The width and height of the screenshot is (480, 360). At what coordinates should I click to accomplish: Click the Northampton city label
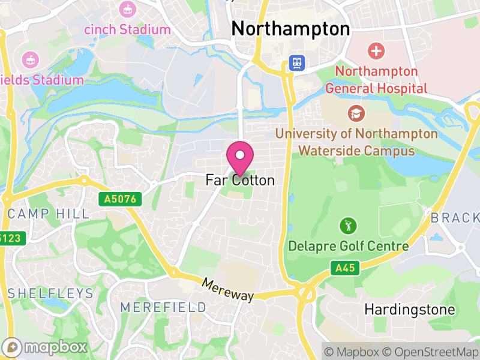(x=290, y=29)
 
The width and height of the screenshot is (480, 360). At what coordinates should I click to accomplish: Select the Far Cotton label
(x=240, y=180)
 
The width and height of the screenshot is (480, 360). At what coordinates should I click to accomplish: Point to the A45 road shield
(x=345, y=268)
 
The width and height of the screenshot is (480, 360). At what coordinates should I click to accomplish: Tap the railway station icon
(x=296, y=62)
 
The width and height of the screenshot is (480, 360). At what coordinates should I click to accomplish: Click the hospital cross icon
(x=377, y=51)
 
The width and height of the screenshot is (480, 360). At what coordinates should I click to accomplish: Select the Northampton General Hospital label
(x=376, y=80)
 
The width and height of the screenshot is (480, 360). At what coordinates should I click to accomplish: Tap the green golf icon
(x=348, y=226)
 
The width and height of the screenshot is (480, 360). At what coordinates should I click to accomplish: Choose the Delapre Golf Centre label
(x=349, y=246)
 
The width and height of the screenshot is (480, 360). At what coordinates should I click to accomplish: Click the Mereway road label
(x=228, y=290)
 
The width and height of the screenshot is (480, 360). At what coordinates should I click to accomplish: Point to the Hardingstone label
(x=410, y=310)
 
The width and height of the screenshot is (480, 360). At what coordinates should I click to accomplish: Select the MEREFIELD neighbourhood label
(x=163, y=307)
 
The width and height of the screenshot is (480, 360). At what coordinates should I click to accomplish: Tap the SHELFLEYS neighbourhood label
(x=50, y=293)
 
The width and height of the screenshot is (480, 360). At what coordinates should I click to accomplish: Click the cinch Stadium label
(x=127, y=29)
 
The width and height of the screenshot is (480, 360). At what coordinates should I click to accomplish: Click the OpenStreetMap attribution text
(x=429, y=352)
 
